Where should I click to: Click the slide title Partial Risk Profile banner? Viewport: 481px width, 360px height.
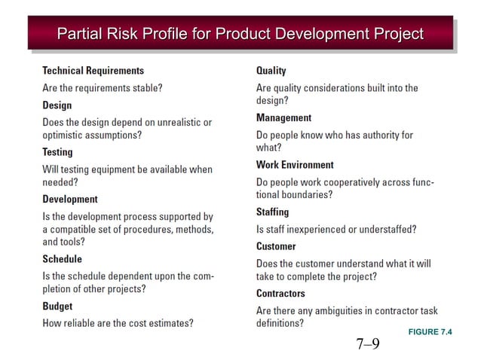click(x=240, y=34)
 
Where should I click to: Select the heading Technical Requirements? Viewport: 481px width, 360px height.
click(x=93, y=71)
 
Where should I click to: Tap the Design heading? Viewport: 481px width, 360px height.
click(x=57, y=105)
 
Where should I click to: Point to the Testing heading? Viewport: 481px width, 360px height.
click(x=58, y=152)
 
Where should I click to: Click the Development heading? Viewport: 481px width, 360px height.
click(x=70, y=200)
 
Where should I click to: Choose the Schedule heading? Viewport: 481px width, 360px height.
click(x=63, y=259)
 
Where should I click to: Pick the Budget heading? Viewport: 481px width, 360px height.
click(x=58, y=307)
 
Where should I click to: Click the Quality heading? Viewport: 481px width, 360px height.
click(x=271, y=71)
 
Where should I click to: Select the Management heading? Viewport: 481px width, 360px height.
click(x=284, y=118)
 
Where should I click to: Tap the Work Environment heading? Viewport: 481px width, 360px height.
click(x=295, y=165)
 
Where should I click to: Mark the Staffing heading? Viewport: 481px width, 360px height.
click(x=273, y=212)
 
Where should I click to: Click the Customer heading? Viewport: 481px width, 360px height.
click(x=276, y=246)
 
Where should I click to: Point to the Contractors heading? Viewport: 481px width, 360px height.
click(x=281, y=294)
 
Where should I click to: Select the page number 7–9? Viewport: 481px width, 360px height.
click(x=368, y=345)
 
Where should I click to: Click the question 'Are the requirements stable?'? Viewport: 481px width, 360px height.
click(x=103, y=88)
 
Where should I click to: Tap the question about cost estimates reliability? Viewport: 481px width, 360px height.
click(x=118, y=324)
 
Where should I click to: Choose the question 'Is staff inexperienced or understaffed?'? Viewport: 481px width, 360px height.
click(x=336, y=229)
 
